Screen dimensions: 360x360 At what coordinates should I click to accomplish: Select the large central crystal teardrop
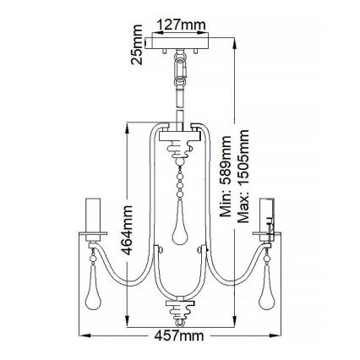pyautogui.click(x=179, y=226)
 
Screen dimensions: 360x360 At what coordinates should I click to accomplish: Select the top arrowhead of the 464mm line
pyautogui.click(x=126, y=123)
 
